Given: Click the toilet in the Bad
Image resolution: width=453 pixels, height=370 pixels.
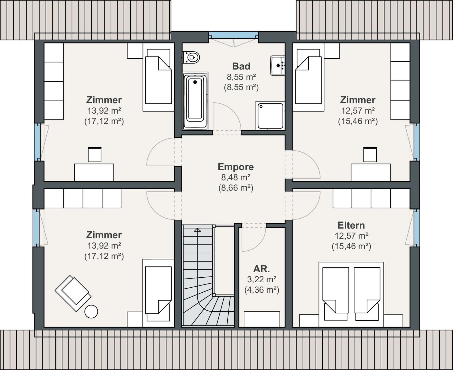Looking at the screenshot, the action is click(x=191, y=57).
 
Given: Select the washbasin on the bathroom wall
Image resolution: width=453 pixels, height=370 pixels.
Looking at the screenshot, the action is click(x=278, y=66).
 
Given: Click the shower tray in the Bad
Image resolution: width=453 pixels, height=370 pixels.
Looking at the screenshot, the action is click(x=270, y=116).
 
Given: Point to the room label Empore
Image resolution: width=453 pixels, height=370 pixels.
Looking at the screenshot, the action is click(x=236, y=167).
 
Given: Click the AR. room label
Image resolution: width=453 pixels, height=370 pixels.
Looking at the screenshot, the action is click(x=262, y=269).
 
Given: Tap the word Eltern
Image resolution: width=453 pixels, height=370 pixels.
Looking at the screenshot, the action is click(x=351, y=225).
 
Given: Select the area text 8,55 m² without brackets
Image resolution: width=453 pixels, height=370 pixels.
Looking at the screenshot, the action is click(x=241, y=77).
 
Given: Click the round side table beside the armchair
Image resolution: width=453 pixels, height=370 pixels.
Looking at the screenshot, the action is click(x=91, y=312).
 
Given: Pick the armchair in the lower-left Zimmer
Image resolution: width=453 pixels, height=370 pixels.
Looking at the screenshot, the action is click(x=73, y=293).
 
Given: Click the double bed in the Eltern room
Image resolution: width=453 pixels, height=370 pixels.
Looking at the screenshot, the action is click(x=351, y=294).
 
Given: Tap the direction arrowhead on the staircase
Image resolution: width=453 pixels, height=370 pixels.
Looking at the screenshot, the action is click(x=197, y=230).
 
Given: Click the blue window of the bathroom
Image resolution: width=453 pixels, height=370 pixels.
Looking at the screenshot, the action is click(x=234, y=35).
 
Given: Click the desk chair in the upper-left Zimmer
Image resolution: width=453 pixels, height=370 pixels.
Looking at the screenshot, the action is click(x=95, y=155).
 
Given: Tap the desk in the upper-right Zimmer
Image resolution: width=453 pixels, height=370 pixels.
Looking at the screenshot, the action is click(x=371, y=172).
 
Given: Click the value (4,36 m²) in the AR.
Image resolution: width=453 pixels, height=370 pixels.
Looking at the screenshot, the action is click(x=262, y=290).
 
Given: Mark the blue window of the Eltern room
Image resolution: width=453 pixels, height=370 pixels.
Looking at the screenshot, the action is click(x=417, y=228).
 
